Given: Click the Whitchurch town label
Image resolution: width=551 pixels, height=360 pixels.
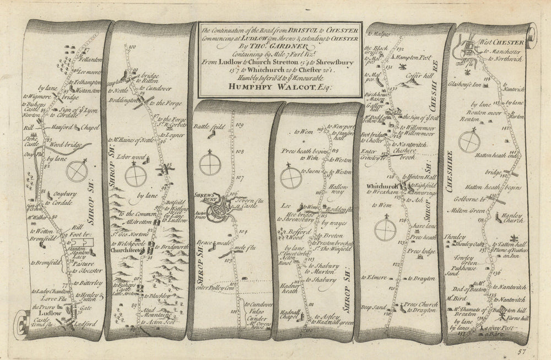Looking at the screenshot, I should click(x=381, y=186).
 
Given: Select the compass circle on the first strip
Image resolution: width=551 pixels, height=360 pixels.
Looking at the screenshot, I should click(x=77, y=171).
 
